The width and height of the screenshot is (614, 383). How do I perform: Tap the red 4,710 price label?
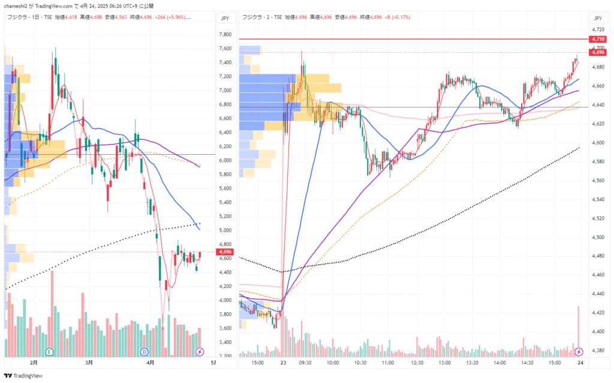[x=597, y=39]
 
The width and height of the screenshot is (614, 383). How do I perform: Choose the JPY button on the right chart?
[x=598, y=19]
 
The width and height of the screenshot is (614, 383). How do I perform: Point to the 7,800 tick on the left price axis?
[x=225, y=34]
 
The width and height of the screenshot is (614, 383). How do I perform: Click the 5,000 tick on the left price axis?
[x=225, y=231]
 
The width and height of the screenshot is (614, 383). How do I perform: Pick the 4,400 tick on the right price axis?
[x=598, y=331]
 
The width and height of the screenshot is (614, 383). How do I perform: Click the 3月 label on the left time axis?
[x=88, y=363]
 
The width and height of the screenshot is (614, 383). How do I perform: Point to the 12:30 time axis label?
[x=417, y=363]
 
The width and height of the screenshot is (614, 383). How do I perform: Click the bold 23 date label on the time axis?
[x=282, y=363]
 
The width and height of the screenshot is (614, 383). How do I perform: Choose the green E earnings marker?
[x=49, y=351]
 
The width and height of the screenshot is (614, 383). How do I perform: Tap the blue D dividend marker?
[x=144, y=351]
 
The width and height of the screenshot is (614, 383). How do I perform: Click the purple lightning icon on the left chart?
[x=200, y=351]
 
